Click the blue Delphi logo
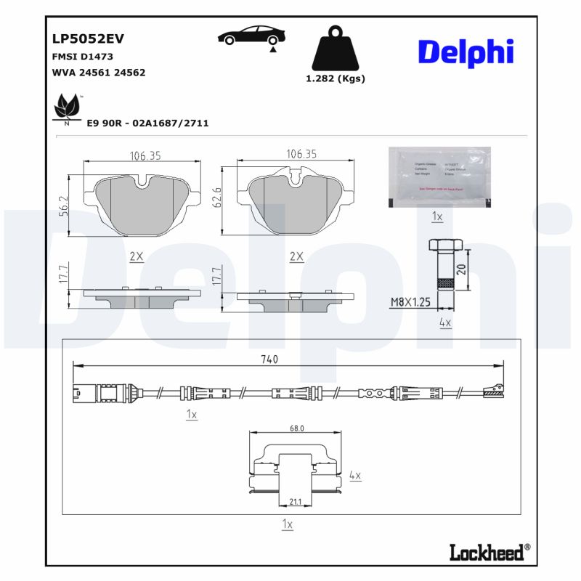(x=466, y=52)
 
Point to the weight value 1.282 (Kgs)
(x=335, y=78)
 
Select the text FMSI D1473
(x=82, y=56)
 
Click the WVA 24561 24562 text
(x=99, y=72)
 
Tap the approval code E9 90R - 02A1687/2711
(x=147, y=123)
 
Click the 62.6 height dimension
(x=216, y=198)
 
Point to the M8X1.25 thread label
(x=411, y=301)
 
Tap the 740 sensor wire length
(x=269, y=359)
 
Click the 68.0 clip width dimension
(x=296, y=428)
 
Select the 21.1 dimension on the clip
(x=296, y=500)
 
